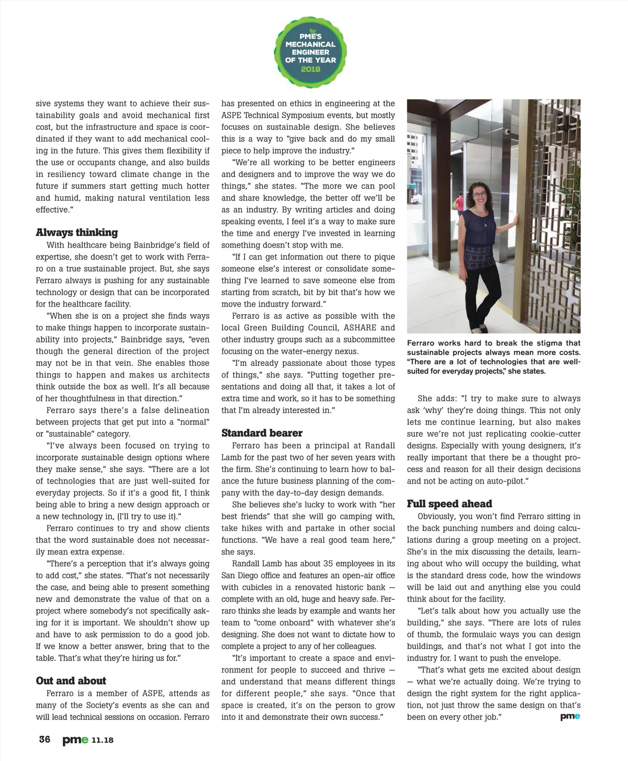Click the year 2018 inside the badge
pos(310,69)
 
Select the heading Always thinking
pos(76,232)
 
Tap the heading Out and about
pos(71,680)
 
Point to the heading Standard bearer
pos(262,433)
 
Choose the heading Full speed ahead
pos(449,503)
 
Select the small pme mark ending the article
pos(570,717)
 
